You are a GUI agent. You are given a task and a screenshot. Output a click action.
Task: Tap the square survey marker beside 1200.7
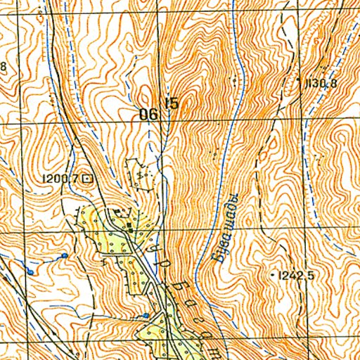point(86,179)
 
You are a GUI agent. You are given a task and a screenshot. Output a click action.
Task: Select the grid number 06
point(148,114)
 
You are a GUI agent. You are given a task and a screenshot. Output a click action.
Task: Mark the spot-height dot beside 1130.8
point(300,82)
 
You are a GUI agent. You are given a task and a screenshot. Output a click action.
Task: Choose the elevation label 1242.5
point(295,276)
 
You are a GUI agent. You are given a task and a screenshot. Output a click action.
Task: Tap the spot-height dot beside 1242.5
point(273,275)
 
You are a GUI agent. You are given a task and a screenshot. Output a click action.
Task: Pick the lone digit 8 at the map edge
point(3,67)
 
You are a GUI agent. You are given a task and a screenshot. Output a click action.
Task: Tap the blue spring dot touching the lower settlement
point(146,316)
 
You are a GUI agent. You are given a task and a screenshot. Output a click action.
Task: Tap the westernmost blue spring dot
point(31,271)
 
